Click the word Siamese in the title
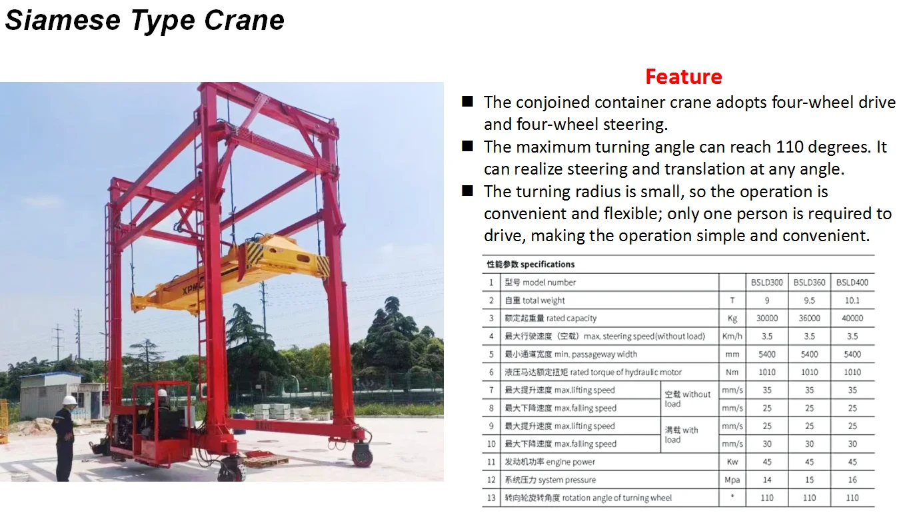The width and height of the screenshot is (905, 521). [x=63, y=21]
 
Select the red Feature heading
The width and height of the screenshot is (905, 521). [x=683, y=77]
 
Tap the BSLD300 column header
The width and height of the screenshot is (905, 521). [x=766, y=282]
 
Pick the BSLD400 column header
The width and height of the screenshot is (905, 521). [x=852, y=282]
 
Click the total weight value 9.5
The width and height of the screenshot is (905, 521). [x=809, y=300]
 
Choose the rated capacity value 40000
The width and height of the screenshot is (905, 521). [x=852, y=318]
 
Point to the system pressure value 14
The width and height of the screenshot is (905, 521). [x=766, y=480]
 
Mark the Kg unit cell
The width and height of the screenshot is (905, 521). [x=732, y=318]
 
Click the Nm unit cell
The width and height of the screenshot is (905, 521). [x=732, y=372]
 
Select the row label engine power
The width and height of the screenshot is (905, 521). [x=550, y=462]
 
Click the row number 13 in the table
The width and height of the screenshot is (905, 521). [x=491, y=498]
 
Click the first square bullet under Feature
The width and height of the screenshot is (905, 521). [x=468, y=102]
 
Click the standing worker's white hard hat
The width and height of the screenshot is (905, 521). [x=69, y=400]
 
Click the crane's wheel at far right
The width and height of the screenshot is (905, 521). [x=363, y=454]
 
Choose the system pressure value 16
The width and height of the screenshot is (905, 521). [x=852, y=480]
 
